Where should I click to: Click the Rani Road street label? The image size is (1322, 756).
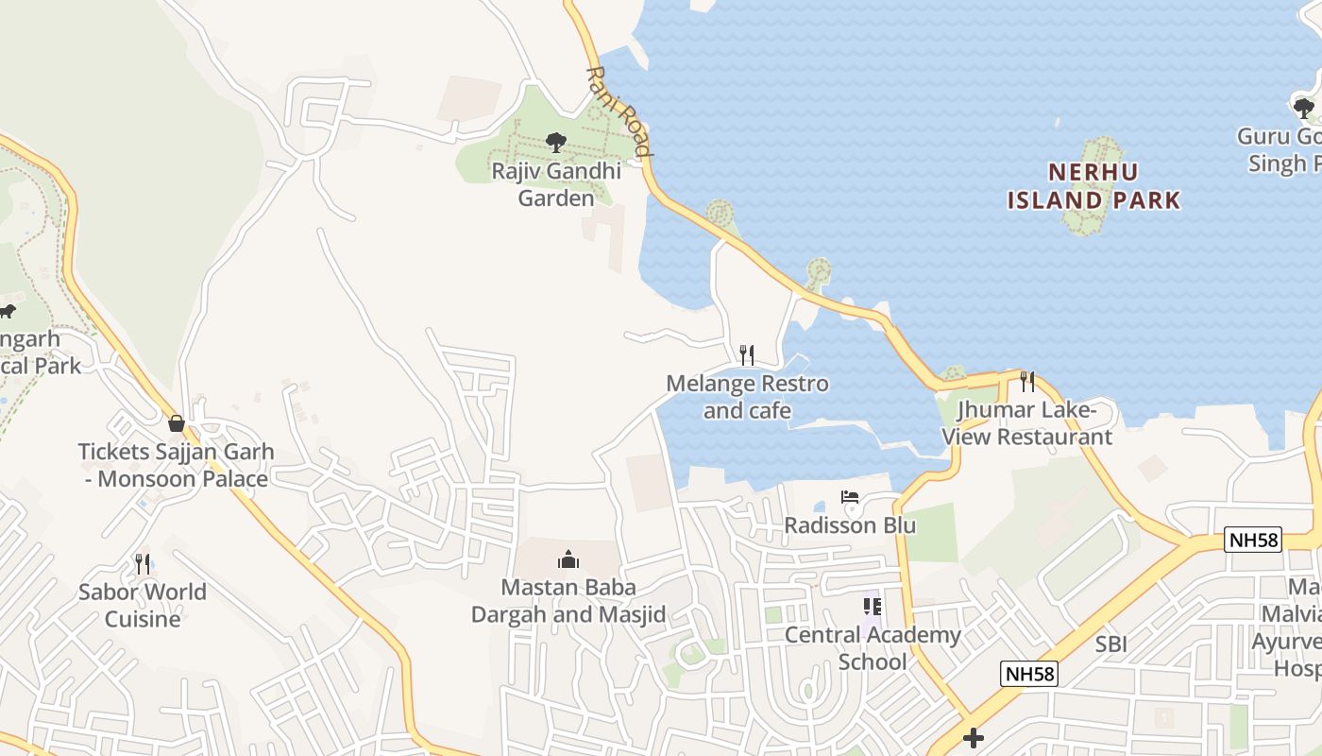point(619,112)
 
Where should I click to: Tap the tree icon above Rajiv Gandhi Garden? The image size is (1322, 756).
point(556,143)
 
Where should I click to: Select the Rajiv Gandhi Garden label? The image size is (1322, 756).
point(556,184)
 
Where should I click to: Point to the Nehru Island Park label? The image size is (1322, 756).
point(1093,186)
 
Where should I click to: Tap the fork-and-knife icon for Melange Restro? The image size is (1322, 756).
point(747,354)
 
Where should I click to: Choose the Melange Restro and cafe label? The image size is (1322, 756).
point(747,397)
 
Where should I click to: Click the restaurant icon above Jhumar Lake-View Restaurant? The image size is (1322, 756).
point(1027,382)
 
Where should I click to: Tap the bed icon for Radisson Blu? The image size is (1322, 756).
point(850,497)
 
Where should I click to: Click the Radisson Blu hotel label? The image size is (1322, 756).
point(850,525)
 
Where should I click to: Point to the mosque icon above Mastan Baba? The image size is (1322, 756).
point(568,559)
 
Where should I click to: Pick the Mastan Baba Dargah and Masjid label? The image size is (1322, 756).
point(568,601)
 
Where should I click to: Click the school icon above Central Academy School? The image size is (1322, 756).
point(872,606)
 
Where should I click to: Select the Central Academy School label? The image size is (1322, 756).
point(872,648)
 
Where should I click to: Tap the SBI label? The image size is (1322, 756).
point(1111,644)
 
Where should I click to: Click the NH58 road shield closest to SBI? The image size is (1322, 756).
point(1029,674)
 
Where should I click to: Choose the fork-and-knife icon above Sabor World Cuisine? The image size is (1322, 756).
point(143,564)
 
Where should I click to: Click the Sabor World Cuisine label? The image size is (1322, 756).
point(143,606)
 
